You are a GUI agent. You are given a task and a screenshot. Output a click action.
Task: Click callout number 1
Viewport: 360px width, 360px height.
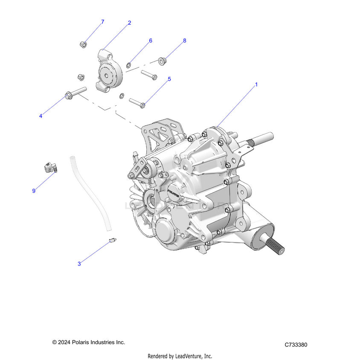pyautogui.click(x=256, y=84)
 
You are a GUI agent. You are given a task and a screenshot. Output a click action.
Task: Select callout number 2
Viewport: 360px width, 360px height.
pyautogui.click(x=129, y=23)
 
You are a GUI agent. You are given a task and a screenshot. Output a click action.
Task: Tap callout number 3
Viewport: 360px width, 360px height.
pyautogui.click(x=79, y=264)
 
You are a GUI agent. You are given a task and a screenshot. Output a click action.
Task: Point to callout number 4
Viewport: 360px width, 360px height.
pyautogui.click(x=41, y=116)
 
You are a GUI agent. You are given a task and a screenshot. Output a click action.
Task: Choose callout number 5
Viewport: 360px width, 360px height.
pyautogui.click(x=169, y=79)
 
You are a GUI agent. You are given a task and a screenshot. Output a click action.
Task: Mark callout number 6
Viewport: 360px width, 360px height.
pyautogui.click(x=151, y=41)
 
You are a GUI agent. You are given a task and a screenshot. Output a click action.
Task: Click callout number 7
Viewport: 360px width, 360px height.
pyautogui.click(x=102, y=21)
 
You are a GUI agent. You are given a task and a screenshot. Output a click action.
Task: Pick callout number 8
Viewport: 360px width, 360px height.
pyautogui.click(x=185, y=41)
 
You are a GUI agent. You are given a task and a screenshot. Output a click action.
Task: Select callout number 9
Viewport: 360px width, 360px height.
pyautogui.click(x=34, y=191)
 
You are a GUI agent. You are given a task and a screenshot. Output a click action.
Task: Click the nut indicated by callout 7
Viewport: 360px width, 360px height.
pyautogui.click(x=84, y=44)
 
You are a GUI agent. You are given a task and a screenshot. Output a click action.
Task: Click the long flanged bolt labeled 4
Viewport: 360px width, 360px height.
pyautogui.click(x=75, y=93)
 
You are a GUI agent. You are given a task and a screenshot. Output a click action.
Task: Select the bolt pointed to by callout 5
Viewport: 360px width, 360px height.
pyautogui.click(x=137, y=103)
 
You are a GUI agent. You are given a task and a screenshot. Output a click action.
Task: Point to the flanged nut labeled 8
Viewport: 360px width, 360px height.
pyautogui.click(x=162, y=61)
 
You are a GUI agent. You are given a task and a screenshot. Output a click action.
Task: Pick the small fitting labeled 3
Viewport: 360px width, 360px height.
pyautogui.click(x=113, y=241)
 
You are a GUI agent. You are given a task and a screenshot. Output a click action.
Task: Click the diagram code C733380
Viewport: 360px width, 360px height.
pyautogui.click(x=296, y=345)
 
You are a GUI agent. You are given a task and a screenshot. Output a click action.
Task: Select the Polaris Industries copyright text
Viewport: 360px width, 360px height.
pyautogui.click(x=89, y=342)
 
